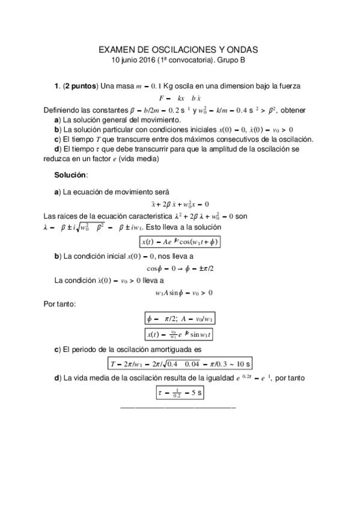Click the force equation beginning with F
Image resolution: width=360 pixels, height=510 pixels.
(180, 97)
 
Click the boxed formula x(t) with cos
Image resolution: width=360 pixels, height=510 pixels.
(180, 242)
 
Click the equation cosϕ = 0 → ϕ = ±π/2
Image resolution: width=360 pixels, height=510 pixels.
(180, 268)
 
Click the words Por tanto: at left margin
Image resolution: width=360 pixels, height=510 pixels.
(60, 305)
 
